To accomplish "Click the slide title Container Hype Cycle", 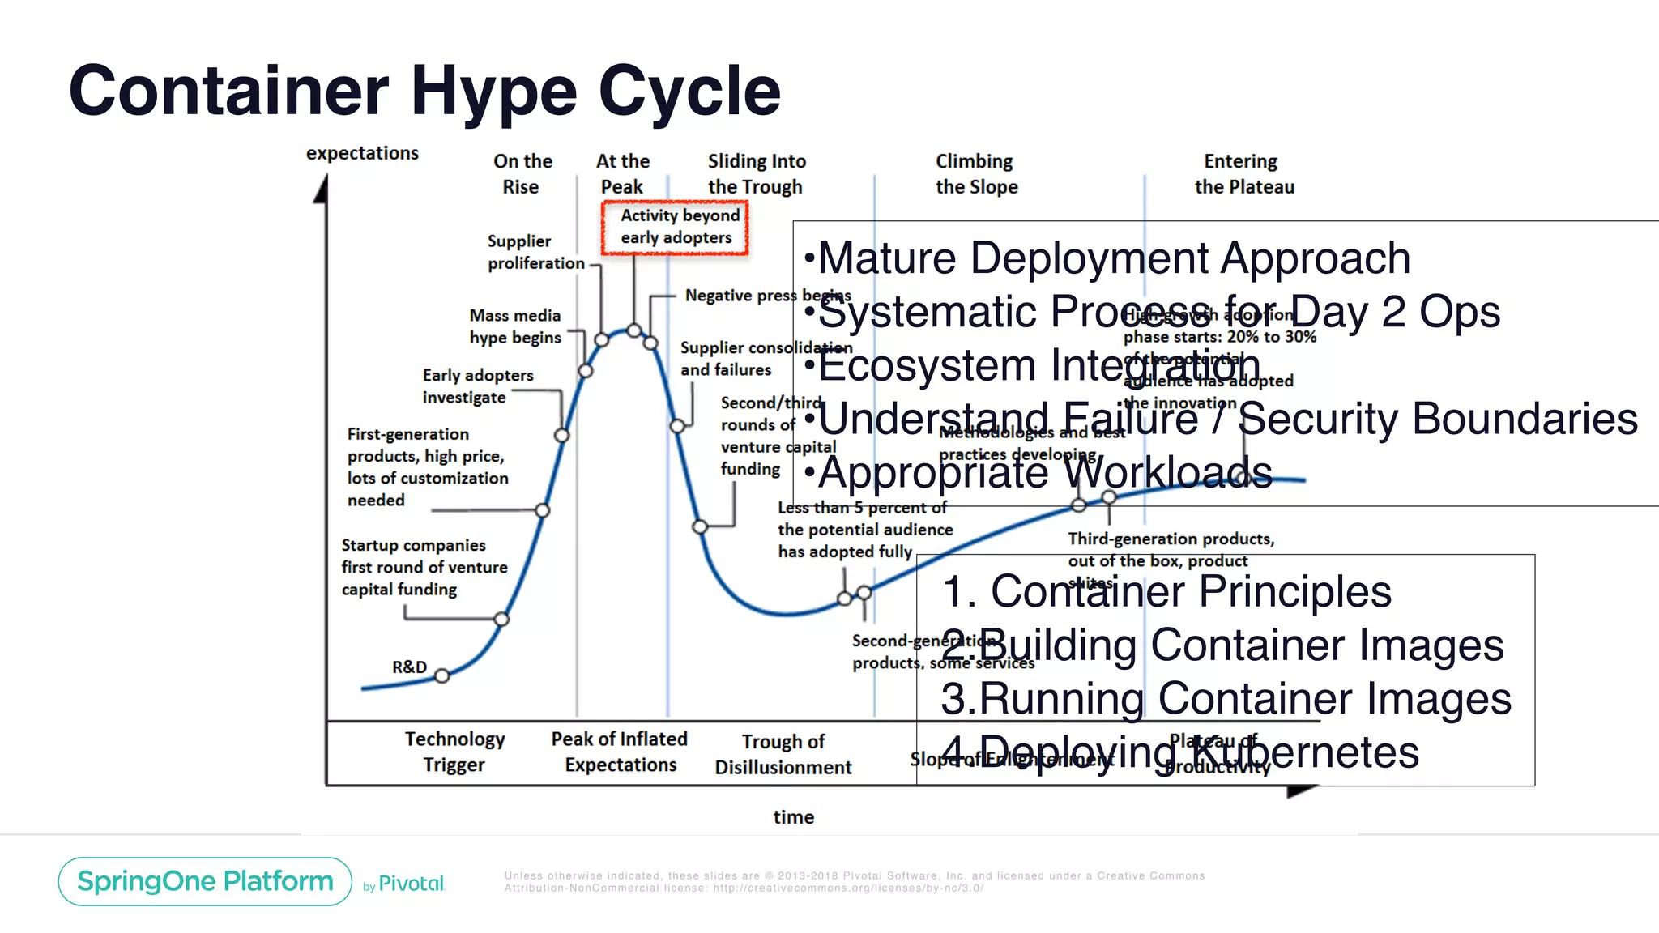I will [424, 91].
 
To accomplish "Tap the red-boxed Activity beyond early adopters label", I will [675, 227].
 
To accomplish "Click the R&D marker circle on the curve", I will [441, 675].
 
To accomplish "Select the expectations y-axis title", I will [362, 153].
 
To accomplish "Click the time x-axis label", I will [793, 817].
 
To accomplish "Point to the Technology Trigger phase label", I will [454, 752].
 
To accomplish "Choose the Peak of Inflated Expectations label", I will [620, 752].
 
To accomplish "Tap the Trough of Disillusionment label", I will [783, 754].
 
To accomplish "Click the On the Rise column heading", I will [522, 173].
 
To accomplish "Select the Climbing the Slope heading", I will [976, 173].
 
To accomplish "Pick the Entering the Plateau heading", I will [1243, 173].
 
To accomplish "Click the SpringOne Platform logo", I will [205, 881].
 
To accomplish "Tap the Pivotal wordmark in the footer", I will [411, 884].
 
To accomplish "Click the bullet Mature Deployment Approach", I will [1114, 258].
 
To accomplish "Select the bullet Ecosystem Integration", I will [1038, 365].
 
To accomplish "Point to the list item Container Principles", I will [1166, 591].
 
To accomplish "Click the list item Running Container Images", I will [1226, 698].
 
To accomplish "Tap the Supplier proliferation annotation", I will [535, 252].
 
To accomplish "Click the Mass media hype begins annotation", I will [515, 326].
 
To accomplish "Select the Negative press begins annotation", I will [766, 296].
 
